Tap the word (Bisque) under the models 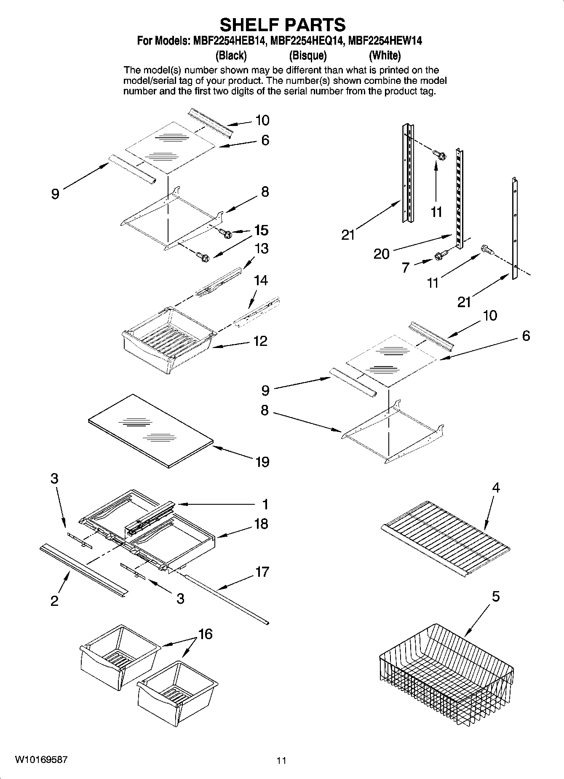308,55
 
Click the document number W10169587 41,760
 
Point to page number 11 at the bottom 281,760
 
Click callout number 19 262,462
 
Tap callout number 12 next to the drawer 261,341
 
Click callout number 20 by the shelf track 382,254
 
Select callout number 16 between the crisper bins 205,634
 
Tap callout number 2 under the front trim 55,601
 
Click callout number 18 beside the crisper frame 261,524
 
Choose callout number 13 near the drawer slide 262,249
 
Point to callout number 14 261,280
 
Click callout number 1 265,504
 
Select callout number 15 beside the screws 261,230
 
